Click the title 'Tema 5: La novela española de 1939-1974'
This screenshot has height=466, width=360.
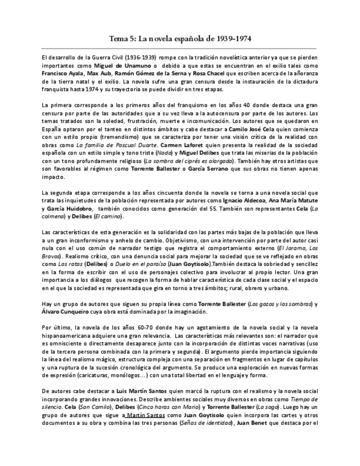coord(180,39)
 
